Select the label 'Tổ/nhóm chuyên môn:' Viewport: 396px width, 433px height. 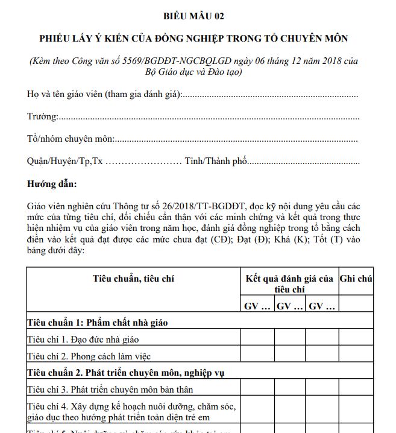coord(71,139)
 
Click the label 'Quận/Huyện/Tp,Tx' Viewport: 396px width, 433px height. coord(64,161)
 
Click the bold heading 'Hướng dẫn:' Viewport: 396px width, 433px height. coord(52,183)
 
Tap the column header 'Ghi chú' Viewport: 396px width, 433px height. coord(356,279)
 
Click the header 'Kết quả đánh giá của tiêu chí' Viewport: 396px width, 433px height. coord(289,283)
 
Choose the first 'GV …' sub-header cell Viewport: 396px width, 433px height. coord(257,306)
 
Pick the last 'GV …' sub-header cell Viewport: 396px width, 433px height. coord(322,306)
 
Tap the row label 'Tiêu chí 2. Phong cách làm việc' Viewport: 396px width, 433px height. coord(89,355)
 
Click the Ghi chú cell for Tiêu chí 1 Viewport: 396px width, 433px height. coord(356,338)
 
